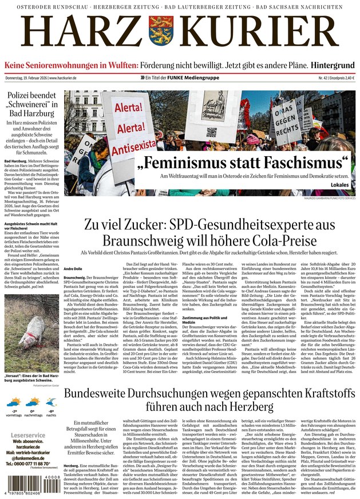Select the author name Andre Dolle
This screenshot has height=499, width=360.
(73, 268)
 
